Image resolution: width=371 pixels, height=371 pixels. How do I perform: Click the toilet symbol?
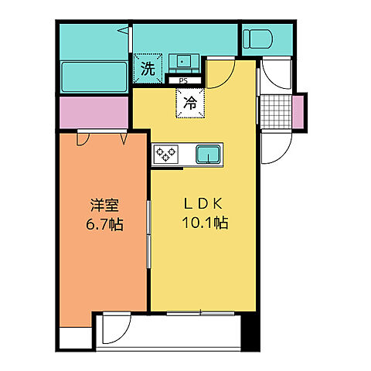click(257, 39)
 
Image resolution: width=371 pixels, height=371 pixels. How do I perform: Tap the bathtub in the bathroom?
click(94, 77)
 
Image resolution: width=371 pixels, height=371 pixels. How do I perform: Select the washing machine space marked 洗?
click(148, 68)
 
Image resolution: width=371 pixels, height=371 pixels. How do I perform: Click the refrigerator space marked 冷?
click(190, 103)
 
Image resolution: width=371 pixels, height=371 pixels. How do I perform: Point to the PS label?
click(183, 81)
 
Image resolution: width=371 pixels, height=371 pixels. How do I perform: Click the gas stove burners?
click(166, 154)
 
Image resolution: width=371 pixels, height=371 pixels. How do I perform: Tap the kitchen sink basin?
click(209, 154)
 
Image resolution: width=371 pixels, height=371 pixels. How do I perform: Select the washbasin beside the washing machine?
click(184, 63)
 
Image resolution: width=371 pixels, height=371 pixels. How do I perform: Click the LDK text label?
click(203, 204)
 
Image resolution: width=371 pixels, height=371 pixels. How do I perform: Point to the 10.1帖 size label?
click(205, 223)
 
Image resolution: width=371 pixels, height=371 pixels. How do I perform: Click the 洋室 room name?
click(104, 206)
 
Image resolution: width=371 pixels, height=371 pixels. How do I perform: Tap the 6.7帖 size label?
click(104, 224)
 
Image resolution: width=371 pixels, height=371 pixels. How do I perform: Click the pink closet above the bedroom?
click(94, 112)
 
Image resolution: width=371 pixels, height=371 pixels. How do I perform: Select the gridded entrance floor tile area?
click(276, 112)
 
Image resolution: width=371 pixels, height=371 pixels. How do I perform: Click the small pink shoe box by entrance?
click(298, 112)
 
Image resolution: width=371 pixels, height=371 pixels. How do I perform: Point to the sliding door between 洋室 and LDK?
click(148, 234)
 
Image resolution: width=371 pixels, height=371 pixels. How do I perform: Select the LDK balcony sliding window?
click(200, 314)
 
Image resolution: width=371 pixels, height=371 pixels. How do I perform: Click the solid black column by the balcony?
click(249, 332)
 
